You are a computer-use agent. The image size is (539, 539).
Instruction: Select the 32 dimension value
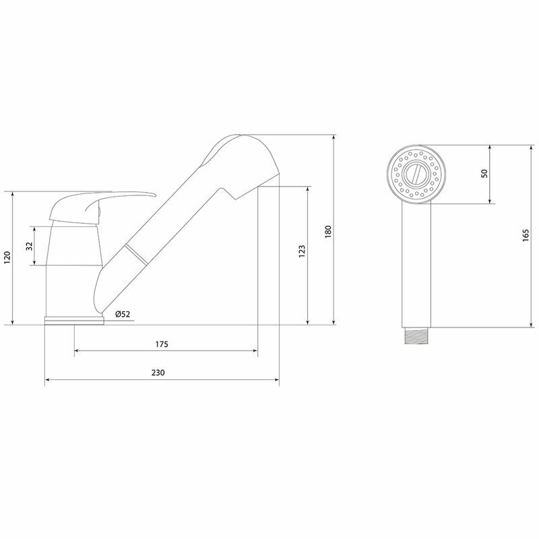click(x=29, y=246)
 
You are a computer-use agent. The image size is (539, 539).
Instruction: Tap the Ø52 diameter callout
click(x=122, y=314)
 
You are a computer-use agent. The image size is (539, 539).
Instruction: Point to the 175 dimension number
click(x=161, y=344)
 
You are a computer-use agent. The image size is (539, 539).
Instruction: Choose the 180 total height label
click(x=328, y=231)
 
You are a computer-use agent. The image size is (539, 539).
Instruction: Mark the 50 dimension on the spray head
click(x=484, y=173)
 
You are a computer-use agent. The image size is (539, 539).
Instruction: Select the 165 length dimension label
click(x=525, y=236)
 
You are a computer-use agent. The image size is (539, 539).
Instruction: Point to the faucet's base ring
click(x=74, y=321)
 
